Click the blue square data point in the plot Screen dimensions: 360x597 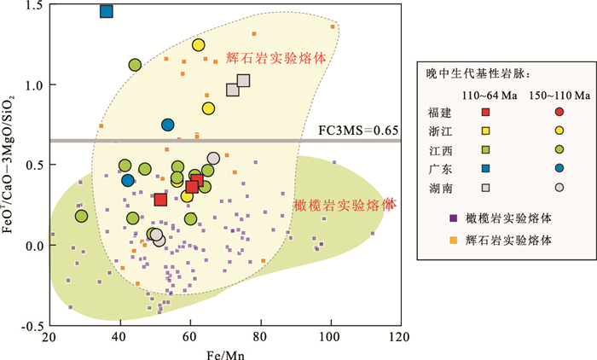106,11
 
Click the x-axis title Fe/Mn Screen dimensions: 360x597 223,351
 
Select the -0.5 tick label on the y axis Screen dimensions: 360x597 32,327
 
